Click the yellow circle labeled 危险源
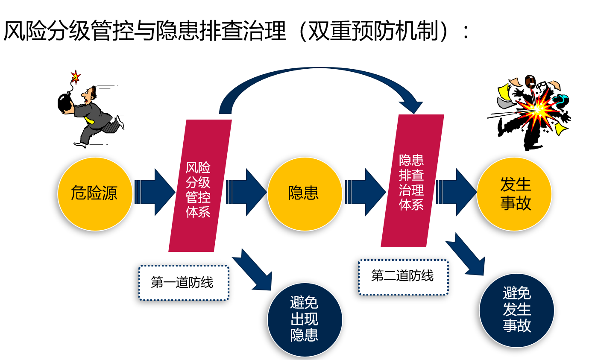pyautogui.click(x=95, y=194)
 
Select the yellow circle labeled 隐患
pyautogui.click(x=305, y=194)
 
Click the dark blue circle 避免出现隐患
pyautogui.click(x=305, y=320)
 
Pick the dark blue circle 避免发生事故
pyautogui.click(x=517, y=310)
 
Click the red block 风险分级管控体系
pyautogui.click(x=200, y=186)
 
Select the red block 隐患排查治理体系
pyautogui.click(x=412, y=181)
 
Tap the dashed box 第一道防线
pyautogui.click(x=184, y=283)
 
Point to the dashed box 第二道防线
pyautogui.click(x=403, y=277)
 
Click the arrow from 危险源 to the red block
pyautogui.click(x=155, y=192)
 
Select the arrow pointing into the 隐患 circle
pyautogui.click(x=246, y=192)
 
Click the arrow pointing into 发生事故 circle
pyautogui.click(x=456, y=192)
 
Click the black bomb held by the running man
pyautogui.click(x=65, y=102)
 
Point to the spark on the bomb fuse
pyautogui.click(x=76, y=77)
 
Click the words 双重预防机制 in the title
pyautogui.click(x=373, y=31)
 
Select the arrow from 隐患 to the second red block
pyautogui.click(x=365, y=192)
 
